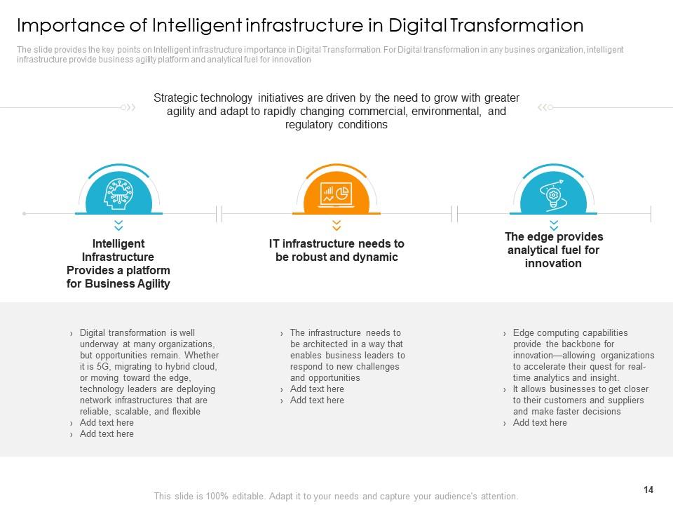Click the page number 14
[647, 490]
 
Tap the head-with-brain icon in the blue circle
[118, 193]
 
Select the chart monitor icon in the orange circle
[336, 194]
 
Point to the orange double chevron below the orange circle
[336, 225]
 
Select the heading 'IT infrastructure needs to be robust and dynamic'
[336, 250]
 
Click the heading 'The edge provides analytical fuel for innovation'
[554, 250]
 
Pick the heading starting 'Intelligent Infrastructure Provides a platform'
[118, 264]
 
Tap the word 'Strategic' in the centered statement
[177, 98]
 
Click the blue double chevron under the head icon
[118, 225]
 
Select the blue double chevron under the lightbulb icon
[554, 225]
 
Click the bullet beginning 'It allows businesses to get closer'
[580, 400]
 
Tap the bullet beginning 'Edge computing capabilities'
[582, 355]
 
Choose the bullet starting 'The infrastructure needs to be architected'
[347, 355]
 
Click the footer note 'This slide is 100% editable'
[336, 496]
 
